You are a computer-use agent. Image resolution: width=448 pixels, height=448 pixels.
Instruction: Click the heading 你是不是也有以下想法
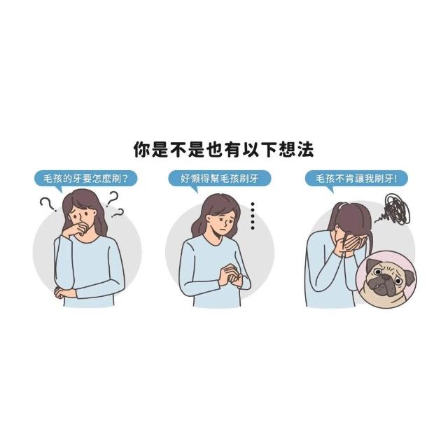coord(224,149)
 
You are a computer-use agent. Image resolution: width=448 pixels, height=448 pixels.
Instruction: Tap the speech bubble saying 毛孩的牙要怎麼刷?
coord(85,179)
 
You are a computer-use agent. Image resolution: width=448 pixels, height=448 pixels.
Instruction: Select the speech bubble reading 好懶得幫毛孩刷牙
coord(219,179)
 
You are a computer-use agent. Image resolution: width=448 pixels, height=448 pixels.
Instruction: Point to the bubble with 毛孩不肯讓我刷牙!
coord(356,179)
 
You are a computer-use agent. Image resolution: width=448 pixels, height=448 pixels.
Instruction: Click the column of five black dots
coord(252,216)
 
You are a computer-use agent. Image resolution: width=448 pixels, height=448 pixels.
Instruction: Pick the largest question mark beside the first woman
coord(112,199)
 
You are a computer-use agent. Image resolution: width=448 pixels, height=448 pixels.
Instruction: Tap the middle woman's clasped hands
coord(230,275)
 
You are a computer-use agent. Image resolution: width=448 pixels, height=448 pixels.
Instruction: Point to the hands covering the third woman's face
coord(350,246)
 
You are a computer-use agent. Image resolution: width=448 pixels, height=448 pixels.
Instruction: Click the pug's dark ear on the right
coord(409,276)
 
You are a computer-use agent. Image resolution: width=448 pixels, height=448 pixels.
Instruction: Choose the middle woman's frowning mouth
coord(225,230)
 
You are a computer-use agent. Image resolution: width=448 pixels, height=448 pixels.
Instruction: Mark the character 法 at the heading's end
coord(305,149)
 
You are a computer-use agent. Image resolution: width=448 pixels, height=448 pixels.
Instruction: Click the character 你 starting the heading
coord(142,149)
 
